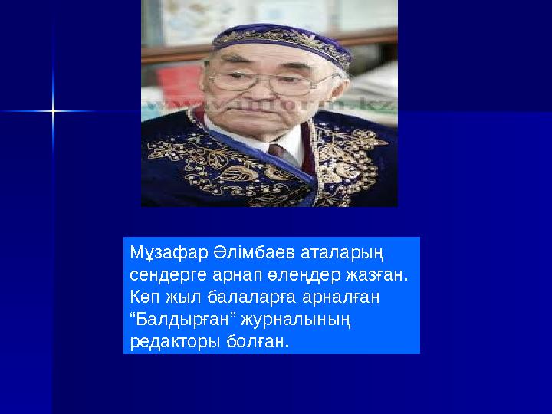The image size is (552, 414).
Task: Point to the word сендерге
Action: [x=163, y=274]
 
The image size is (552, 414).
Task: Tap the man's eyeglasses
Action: [x=268, y=81]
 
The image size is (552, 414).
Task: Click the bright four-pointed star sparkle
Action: [x=54, y=112]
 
